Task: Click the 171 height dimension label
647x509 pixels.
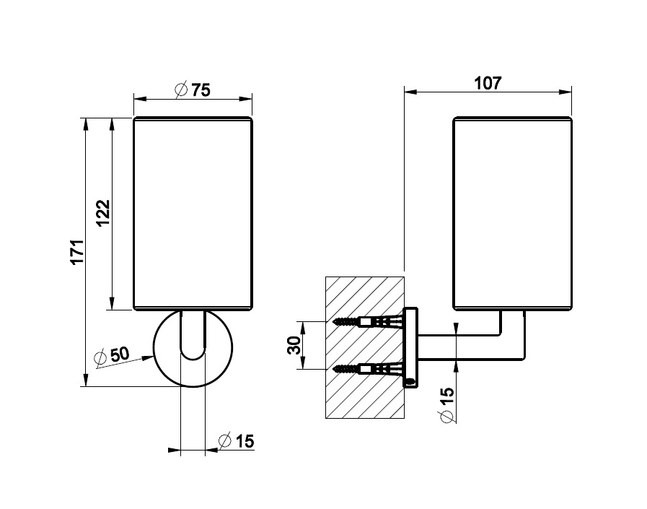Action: click(x=78, y=252)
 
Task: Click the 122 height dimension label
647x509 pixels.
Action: click(x=103, y=213)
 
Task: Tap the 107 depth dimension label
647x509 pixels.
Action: click(x=488, y=83)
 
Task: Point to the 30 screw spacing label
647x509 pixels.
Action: click(x=294, y=345)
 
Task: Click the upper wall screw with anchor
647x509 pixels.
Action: click(x=367, y=321)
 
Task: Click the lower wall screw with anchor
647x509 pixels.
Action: click(x=367, y=368)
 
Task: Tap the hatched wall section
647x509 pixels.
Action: click(x=365, y=347)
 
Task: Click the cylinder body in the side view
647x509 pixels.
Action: click(x=513, y=214)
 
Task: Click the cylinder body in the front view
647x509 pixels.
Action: click(x=193, y=214)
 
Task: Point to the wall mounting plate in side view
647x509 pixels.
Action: click(x=411, y=348)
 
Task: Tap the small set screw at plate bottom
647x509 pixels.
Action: click(x=410, y=383)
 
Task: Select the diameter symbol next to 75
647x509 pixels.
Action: click(x=181, y=90)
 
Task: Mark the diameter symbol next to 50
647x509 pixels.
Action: click(x=100, y=359)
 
